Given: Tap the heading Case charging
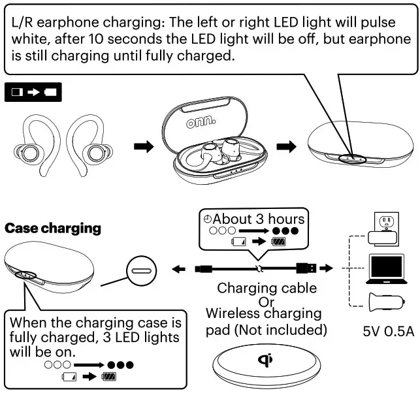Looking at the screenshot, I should coord(53,229).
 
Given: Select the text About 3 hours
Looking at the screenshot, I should coord(258,219).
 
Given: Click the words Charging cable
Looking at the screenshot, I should coord(267,288).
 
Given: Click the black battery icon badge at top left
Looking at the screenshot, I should coord(31,93).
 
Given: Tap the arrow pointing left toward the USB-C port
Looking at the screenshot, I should coord(178,268).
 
